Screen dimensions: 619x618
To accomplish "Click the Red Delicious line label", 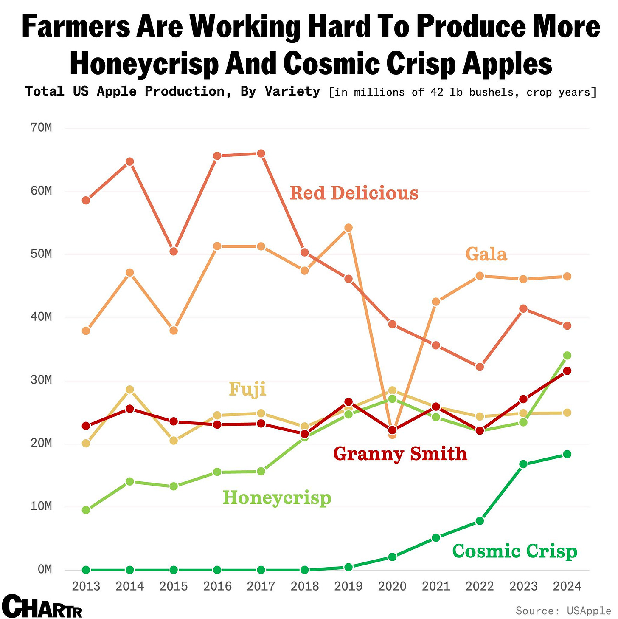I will coord(354,193).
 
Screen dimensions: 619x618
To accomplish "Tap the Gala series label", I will coord(486,254).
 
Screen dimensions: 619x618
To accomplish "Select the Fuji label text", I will coord(247,389).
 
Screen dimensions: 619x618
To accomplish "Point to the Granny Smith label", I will coord(400,454).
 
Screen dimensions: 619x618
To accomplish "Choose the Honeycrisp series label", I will coord(277,497).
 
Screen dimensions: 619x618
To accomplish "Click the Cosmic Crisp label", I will coord(514,551).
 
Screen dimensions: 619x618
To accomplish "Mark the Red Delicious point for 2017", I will coord(261,153).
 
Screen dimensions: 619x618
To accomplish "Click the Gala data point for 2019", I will coord(348,228).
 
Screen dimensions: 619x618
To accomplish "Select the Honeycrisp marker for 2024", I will coord(567,356).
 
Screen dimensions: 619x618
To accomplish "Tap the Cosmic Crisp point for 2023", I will coord(523,464).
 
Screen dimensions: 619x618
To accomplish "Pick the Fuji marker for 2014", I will coord(130,390).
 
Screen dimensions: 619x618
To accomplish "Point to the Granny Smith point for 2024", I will coord(567,371).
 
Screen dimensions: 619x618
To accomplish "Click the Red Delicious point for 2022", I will coord(480,367).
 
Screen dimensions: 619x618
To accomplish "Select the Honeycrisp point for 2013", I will coord(86,510).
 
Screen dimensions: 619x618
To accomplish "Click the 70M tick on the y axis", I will coord(41,127).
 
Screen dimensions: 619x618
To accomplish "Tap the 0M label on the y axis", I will coord(45,569).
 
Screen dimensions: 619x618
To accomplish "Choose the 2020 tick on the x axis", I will coord(392,587).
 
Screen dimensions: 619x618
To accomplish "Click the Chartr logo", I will coord(42,606).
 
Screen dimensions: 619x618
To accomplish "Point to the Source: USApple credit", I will coord(563,611).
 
